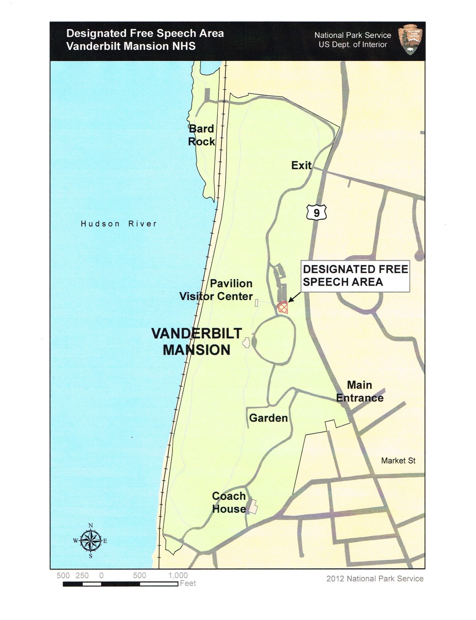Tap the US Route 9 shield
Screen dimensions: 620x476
tap(316, 213)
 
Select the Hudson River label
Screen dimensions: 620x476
tap(119, 224)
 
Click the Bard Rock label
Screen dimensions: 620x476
tap(202, 135)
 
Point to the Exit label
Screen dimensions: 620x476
tap(301, 166)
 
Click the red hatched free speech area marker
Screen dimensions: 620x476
tap(283, 308)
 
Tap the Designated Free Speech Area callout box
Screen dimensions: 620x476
tap(355, 276)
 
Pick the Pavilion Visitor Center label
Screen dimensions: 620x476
tap(216, 290)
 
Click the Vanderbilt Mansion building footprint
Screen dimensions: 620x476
tap(247, 343)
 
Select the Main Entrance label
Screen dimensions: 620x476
tap(360, 392)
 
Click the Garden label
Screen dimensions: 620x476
tap(268, 418)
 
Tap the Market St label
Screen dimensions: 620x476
tap(398, 461)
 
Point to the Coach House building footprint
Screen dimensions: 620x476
tap(253, 506)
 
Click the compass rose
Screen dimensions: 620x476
tap(91, 541)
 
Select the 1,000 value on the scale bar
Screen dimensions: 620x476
tap(178, 575)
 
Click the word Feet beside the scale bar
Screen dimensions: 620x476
tap(188, 584)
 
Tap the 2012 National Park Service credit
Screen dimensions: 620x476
tap(375, 579)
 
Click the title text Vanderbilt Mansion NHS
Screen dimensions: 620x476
tap(131, 46)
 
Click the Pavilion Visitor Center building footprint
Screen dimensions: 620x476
tap(257, 303)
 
